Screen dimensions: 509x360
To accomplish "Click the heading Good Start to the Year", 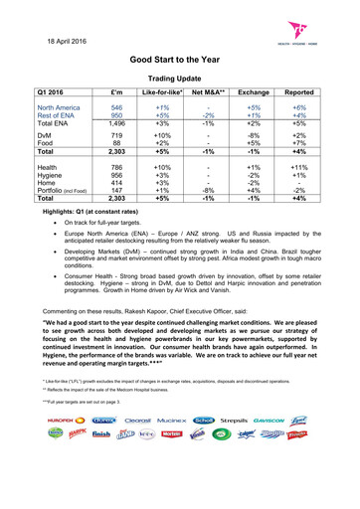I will (x=180, y=60).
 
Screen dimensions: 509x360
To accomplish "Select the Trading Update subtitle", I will (x=180, y=77).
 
